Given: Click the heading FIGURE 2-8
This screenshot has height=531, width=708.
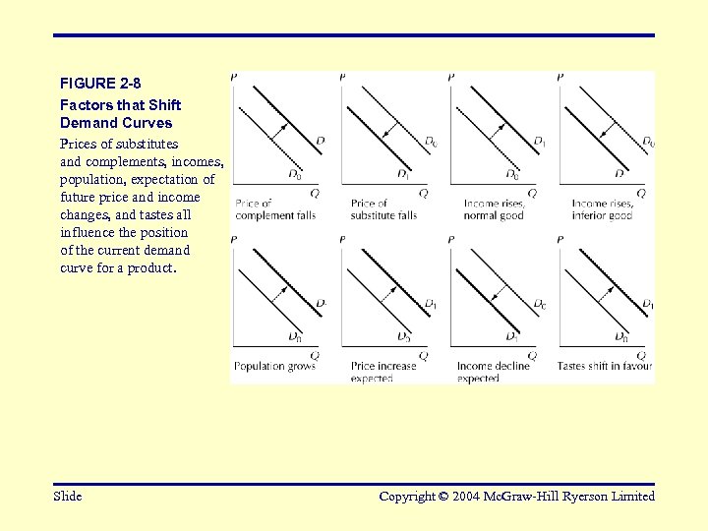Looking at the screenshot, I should [x=100, y=85].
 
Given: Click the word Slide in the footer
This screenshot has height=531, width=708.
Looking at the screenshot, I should [x=68, y=497].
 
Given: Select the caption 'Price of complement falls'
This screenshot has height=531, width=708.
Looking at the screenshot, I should [x=274, y=209].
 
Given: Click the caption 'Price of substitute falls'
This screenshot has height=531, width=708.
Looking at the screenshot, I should [x=383, y=209].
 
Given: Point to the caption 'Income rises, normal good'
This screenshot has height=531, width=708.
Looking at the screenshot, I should [x=495, y=209].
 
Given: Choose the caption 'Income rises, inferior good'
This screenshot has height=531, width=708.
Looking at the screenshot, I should [x=602, y=209].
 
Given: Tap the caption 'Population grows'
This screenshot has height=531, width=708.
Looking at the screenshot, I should [x=274, y=367].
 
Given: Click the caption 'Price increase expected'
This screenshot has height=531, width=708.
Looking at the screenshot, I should [x=383, y=372].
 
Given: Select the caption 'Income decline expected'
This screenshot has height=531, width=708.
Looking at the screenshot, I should [x=493, y=372].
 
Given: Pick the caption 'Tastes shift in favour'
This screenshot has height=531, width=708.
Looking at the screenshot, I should [x=605, y=367].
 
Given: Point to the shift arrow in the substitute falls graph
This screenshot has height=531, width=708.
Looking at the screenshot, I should [x=389, y=133].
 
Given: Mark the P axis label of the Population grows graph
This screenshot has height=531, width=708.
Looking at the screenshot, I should [x=233, y=239].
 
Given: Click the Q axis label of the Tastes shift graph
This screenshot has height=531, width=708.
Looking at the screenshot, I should [x=641, y=355].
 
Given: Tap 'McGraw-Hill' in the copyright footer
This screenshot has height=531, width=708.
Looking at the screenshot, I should [x=534, y=497].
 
